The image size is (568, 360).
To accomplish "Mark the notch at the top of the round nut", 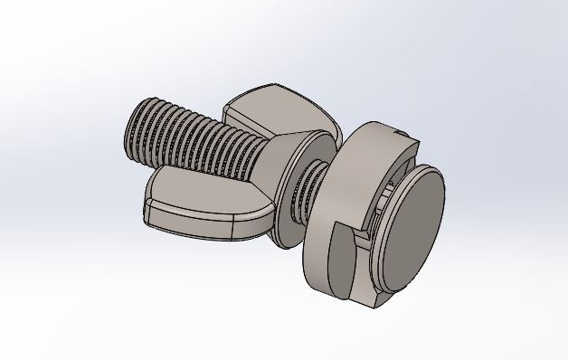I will click(x=406, y=136).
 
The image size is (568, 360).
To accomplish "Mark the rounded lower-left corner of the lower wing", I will click(x=148, y=215).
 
